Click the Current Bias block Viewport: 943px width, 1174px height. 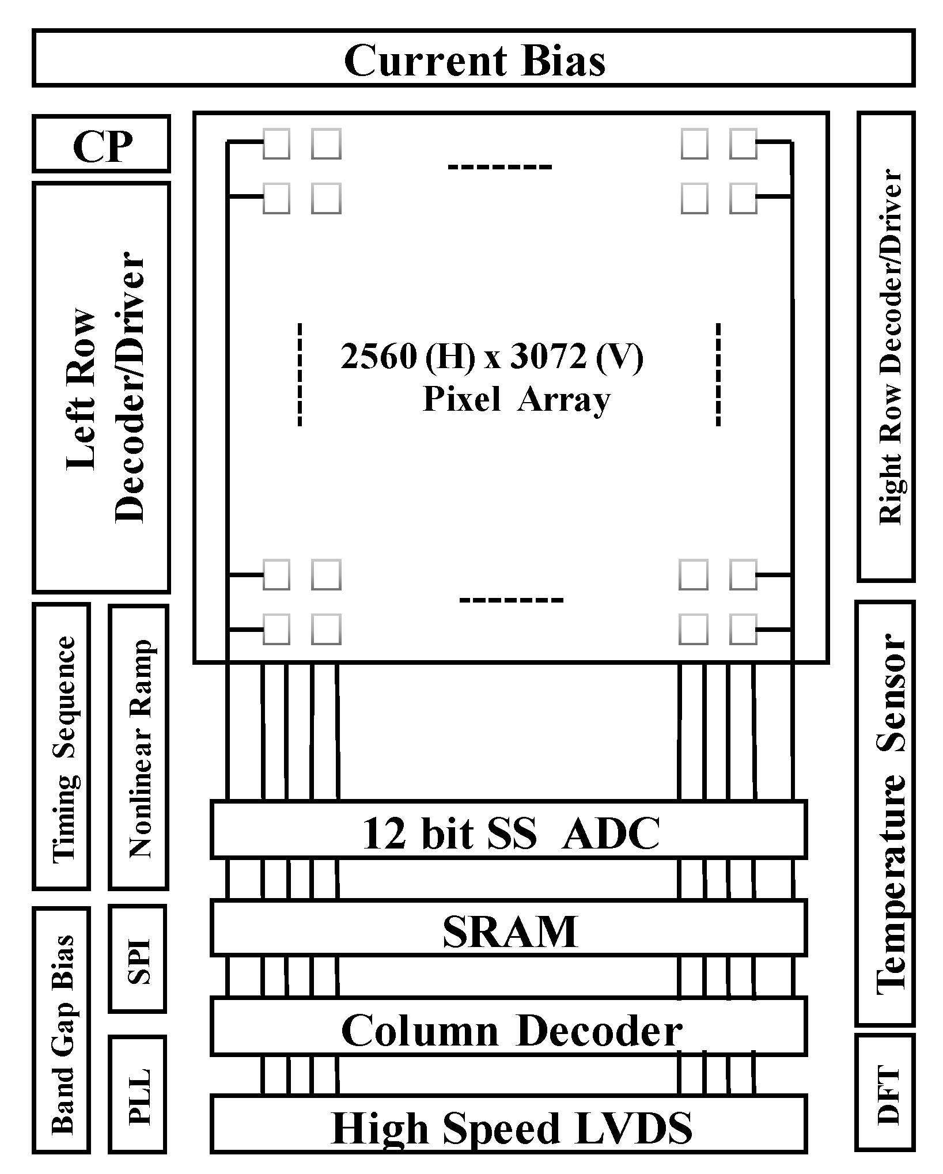pos(474,59)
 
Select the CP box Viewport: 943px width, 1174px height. pos(101,144)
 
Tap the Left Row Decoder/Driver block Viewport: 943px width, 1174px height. pos(101,387)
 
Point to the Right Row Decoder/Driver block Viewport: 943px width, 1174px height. pos(886,347)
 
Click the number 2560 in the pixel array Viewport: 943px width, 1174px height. pos(378,357)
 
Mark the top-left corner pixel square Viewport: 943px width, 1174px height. pos(277,143)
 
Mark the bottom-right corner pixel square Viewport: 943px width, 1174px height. pos(744,628)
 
